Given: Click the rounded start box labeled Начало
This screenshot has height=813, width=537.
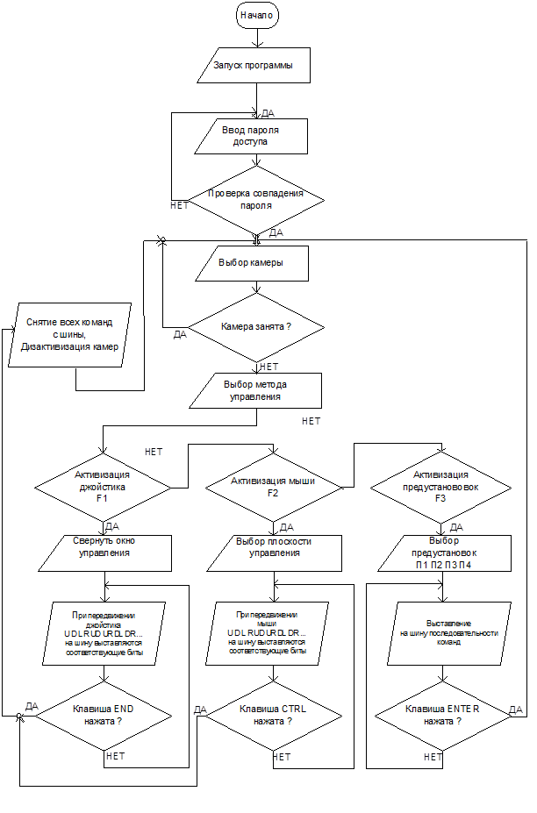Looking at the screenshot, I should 256,16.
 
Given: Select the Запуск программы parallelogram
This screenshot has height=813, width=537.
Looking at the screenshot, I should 254,67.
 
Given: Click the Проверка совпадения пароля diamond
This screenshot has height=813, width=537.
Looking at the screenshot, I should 256,199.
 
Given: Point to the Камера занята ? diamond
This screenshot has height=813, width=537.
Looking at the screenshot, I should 256,326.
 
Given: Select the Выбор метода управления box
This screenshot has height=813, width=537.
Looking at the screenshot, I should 255,390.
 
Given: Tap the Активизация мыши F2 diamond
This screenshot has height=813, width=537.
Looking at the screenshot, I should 273,486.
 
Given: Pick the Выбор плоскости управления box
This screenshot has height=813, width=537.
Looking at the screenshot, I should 273,547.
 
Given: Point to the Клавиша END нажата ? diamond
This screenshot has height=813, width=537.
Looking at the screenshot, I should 104,714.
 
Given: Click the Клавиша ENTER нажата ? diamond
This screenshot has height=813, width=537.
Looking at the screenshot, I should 442,714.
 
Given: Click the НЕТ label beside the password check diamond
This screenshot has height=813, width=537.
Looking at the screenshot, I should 179,205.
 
